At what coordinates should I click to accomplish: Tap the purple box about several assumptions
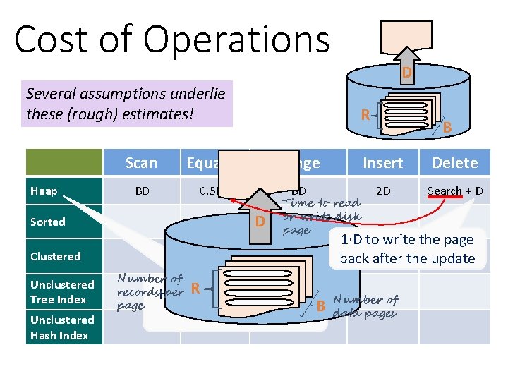pyautogui.click(x=127, y=103)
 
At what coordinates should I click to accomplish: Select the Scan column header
pyautogui.click(x=141, y=163)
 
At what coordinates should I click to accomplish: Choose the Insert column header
pyautogui.click(x=382, y=163)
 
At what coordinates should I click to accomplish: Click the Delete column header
pyautogui.click(x=455, y=163)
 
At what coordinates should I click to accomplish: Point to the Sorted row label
pyautogui.click(x=47, y=222)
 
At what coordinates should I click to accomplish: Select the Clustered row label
pyautogui.click(x=55, y=256)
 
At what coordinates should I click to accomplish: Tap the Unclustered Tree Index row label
pyautogui.click(x=62, y=291)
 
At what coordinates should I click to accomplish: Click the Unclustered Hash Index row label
pyautogui.click(x=62, y=327)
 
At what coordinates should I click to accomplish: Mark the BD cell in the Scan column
pyautogui.click(x=142, y=190)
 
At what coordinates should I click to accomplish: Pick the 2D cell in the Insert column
pyautogui.click(x=383, y=190)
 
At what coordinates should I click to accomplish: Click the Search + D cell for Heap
pyautogui.click(x=455, y=190)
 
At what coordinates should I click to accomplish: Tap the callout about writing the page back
pyautogui.click(x=407, y=249)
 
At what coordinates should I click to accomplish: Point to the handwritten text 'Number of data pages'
pyautogui.click(x=365, y=307)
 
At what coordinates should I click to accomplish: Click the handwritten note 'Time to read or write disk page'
pyautogui.click(x=321, y=216)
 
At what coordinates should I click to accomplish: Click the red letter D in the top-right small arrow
pyautogui.click(x=407, y=73)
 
